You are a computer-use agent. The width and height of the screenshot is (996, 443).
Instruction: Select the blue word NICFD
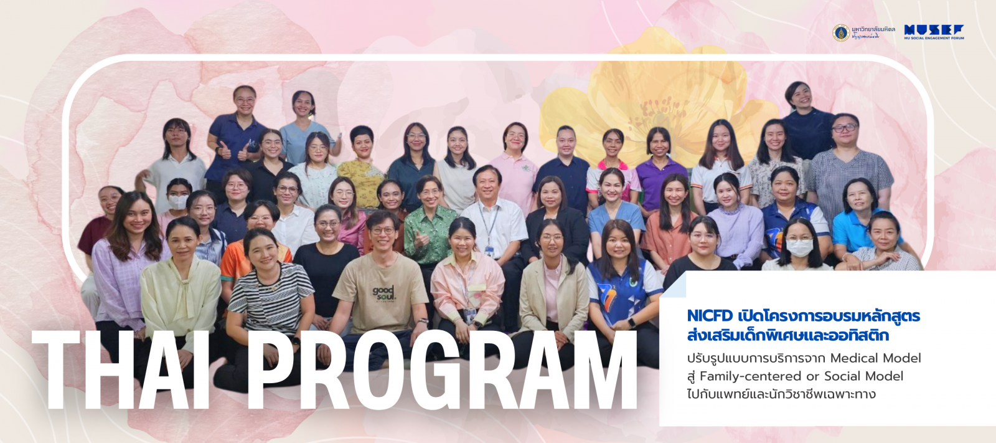(x=710, y=316)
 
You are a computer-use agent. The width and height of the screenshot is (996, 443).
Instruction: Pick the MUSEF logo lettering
(x=934, y=29)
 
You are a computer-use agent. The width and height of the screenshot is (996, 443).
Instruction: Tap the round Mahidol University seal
(x=841, y=32)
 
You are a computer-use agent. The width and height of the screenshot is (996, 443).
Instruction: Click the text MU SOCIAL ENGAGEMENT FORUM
(x=934, y=39)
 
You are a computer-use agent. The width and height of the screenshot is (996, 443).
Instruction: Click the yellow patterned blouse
(x=362, y=181)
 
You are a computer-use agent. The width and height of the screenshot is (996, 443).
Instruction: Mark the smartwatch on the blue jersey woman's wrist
(x=632, y=323)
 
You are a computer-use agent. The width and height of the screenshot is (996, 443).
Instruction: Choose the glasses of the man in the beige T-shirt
(x=382, y=231)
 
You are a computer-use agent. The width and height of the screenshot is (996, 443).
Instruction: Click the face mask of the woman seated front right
(x=799, y=247)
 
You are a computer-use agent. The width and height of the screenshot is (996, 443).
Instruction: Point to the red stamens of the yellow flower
(x=654, y=115)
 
